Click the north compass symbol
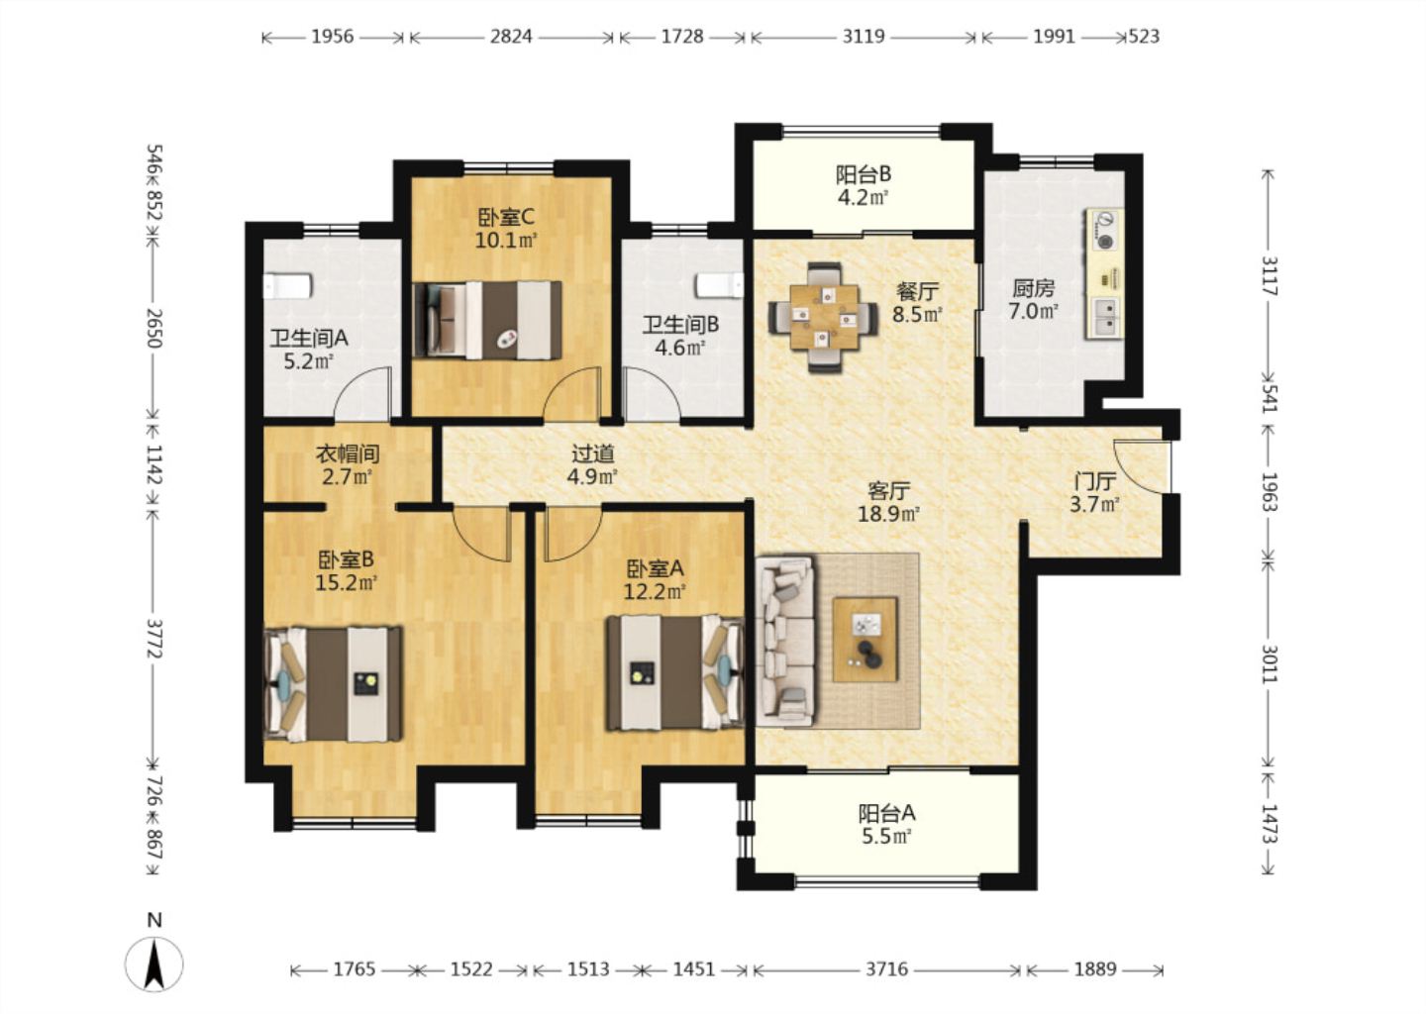click(153, 963)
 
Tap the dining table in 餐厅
click(824, 317)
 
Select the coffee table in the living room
click(866, 639)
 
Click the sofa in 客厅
click(786, 641)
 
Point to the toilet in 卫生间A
click(287, 286)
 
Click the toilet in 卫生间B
click(719, 285)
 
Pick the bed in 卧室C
click(487, 320)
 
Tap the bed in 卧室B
click(333, 684)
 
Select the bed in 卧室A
click(674, 672)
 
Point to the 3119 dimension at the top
click(864, 37)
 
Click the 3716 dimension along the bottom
click(887, 968)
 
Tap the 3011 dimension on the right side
click(1269, 663)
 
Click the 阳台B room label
click(863, 173)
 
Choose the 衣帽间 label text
click(347, 454)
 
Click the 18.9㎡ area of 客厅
click(888, 513)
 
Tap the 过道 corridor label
click(592, 454)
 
